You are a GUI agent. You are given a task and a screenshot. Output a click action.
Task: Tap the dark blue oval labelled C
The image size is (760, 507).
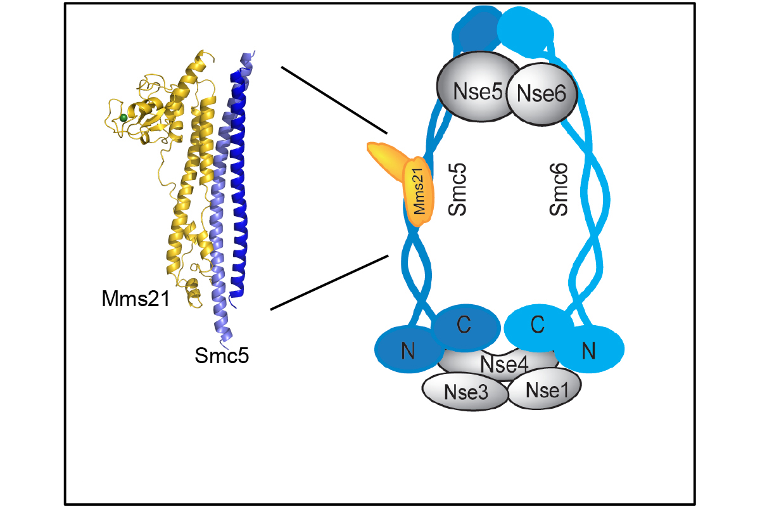pos(465,325)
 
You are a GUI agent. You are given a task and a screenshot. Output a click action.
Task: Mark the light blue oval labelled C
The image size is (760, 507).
pos(538,325)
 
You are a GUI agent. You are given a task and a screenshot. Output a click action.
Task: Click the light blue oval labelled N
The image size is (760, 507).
pos(590,349)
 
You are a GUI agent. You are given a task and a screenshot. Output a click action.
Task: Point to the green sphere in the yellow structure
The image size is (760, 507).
pos(124,118)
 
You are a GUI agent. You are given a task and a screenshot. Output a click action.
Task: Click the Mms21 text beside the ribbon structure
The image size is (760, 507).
pos(136,298)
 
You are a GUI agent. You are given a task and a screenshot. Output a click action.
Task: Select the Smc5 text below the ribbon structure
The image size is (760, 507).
pos(222,356)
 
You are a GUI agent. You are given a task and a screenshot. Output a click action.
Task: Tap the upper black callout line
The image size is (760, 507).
pos(334,99)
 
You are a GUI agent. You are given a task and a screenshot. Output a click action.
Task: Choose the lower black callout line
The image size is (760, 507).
pos(329,282)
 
